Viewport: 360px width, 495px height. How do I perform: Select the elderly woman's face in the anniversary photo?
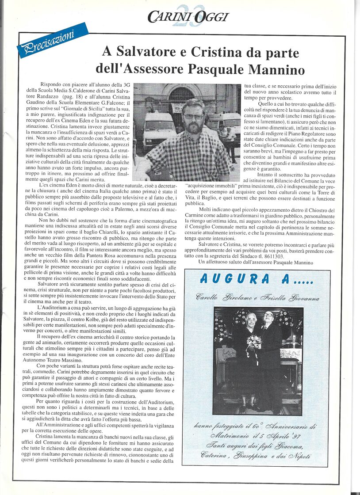[251, 320]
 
